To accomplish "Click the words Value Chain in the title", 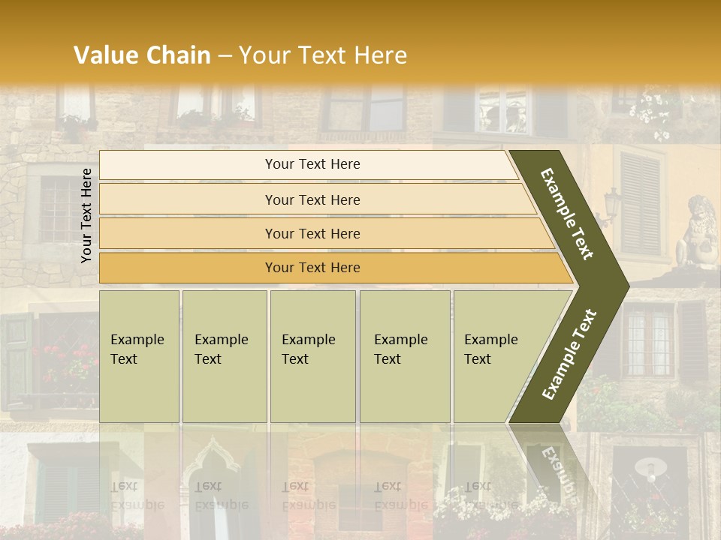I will [x=142, y=55].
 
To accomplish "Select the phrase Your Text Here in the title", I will [x=323, y=55].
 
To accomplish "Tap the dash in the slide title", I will [x=225, y=55].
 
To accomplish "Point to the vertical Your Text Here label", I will [x=86, y=215].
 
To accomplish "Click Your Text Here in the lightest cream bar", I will [x=312, y=164].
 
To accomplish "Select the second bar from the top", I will [x=312, y=199].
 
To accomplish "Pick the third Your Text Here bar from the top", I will [x=312, y=233].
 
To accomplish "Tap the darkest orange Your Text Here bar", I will [x=312, y=268].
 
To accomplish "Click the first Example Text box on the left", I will [x=138, y=355].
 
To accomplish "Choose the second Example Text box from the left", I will [x=224, y=355].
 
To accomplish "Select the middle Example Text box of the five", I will [x=312, y=355].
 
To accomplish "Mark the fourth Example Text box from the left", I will [x=404, y=355].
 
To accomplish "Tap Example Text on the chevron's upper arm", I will [x=567, y=214].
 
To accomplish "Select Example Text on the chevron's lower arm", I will [x=569, y=354].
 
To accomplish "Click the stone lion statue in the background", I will [x=698, y=232].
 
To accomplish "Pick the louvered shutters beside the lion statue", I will [x=641, y=202].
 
